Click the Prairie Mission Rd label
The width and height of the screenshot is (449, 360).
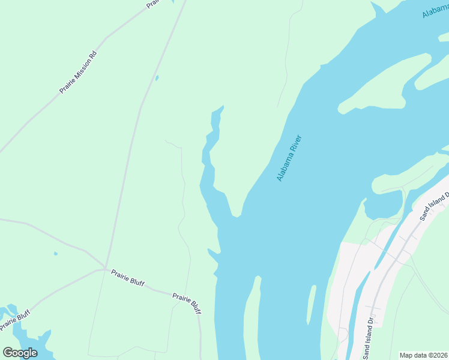pyautogui.click(x=78, y=73)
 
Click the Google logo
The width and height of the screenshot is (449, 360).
pyautogui.click(x=20, y=353)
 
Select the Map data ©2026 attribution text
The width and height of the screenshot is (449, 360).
pyautogui.click(x=424, y=355)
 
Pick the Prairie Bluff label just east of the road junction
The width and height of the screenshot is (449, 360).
pyautogui.click(x=127, y=278)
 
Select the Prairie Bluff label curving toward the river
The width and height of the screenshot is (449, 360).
pyautogui.click(x=187, y=303)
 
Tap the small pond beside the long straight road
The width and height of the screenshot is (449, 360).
pyautogui.click(x=157, y=78)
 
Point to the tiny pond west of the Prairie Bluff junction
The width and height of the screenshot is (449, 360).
pyautogui.click(x=55, y=254)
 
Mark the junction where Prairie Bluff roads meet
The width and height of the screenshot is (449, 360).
pyautogui.click(x=106, y=268)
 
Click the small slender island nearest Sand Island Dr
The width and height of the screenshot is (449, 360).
pyautogui.click(x=312, y=303)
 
